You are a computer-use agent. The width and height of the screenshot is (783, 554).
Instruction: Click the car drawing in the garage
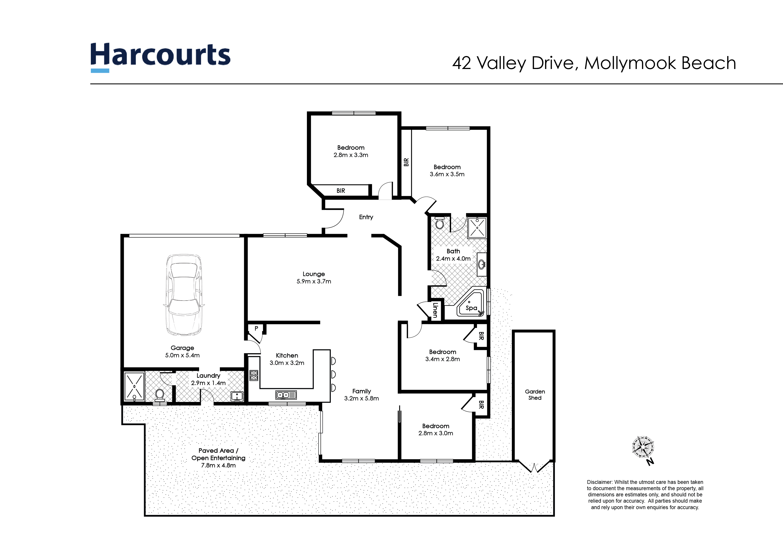pos(183,295)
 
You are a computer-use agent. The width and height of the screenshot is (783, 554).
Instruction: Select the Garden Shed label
pos(535,395)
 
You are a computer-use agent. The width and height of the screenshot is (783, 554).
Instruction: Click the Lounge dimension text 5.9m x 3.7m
pos(314,281)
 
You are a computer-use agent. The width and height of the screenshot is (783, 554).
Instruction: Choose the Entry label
pos(366,217)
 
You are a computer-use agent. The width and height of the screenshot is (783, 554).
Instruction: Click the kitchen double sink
pos(286,395)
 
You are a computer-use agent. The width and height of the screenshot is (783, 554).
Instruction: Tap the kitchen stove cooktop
pos(254,375)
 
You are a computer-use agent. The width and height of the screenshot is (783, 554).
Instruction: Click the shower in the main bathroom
pos(477,228)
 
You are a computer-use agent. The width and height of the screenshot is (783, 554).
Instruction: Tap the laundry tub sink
pos(237,396)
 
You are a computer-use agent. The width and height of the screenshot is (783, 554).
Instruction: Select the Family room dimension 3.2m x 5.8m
pos(362,398)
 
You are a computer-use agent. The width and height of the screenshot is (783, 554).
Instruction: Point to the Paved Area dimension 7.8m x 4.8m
pos(218,465)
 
